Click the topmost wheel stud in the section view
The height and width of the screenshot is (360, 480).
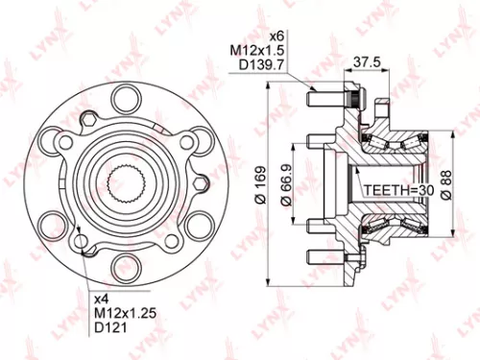click(x=322, y=97)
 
